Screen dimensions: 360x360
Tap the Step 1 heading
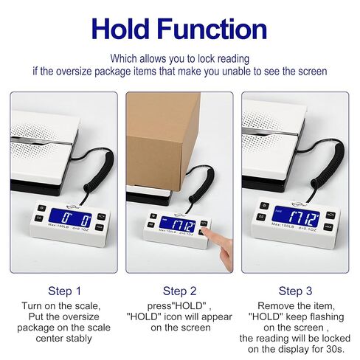pos(64,290)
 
